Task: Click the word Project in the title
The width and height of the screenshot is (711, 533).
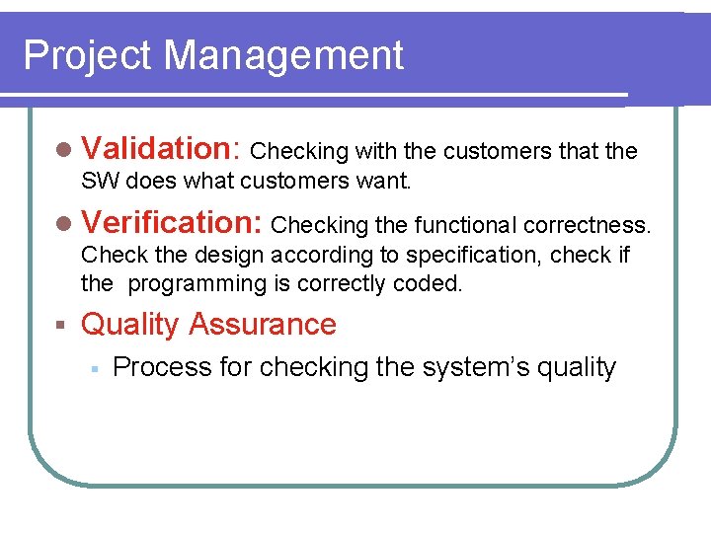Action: pos(89,56)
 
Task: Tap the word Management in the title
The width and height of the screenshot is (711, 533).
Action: pos(284,56)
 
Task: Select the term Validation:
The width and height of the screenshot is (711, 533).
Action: pos(162,149)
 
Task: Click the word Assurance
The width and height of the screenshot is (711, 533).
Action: pos(263,324)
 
